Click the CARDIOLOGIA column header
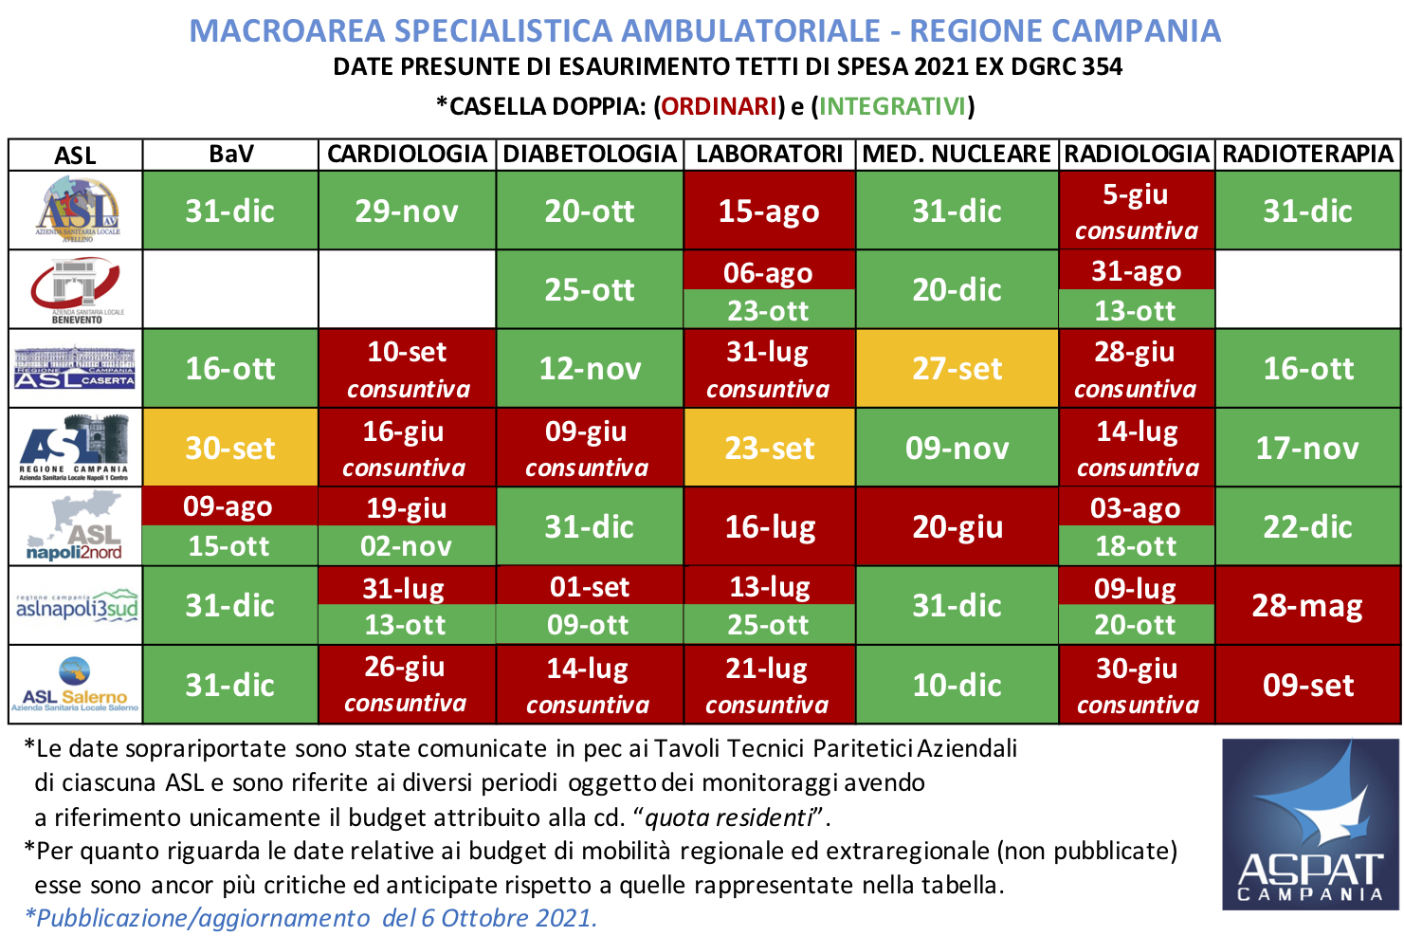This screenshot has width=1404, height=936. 407,154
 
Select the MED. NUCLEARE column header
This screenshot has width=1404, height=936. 957,154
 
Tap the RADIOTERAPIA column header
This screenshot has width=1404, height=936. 1307,154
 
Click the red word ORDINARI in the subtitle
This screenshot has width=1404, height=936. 720,106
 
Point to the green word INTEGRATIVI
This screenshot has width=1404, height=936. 892,106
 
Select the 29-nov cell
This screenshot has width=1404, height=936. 407,211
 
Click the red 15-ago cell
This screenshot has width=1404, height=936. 769,211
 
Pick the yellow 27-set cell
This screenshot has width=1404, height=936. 957,368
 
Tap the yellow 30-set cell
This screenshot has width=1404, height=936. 230,448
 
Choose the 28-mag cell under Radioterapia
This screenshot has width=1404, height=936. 1307,605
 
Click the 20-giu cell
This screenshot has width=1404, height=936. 957,526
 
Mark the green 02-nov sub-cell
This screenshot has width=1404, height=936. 407,546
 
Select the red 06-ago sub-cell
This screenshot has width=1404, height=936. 769,273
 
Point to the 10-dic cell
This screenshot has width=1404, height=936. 957,685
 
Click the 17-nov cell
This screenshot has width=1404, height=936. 1307,448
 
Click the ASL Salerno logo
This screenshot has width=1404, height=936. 75,685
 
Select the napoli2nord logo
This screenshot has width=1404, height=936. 75,527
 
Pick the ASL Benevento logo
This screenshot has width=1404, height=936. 75,289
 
